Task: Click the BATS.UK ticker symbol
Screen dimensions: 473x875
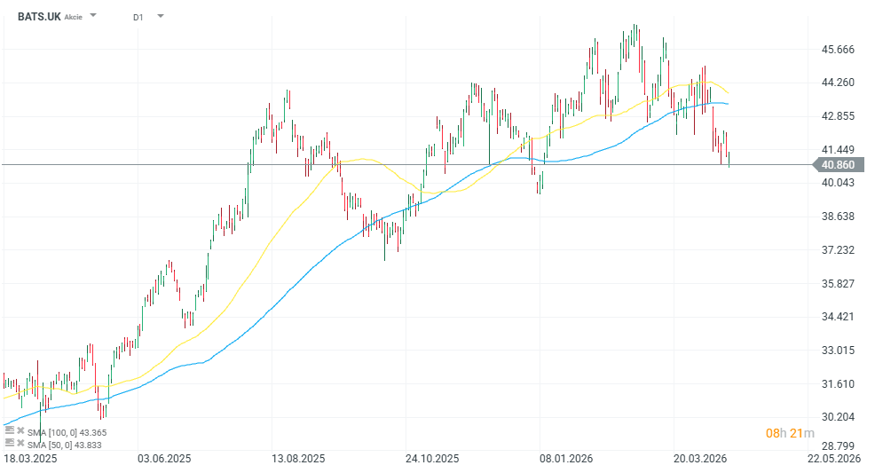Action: pos(39,16)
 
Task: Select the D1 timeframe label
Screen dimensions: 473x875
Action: pos(138,17)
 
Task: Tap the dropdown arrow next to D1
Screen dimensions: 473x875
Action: pos(160,16)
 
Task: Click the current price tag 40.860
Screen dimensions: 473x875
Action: pos(838,164)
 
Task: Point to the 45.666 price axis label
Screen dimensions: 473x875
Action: pos(839,50)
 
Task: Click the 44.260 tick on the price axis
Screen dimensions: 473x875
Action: pos(839,83)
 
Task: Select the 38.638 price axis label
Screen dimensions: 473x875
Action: pos(839,217)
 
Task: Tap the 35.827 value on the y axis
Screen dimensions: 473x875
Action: pos(839,283)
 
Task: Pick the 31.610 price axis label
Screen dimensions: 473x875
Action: pos(839,383)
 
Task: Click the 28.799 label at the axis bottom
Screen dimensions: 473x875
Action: pos(839,446)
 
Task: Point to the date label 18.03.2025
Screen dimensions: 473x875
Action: pos(29,459)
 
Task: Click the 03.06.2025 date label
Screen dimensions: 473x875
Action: pos(163,459)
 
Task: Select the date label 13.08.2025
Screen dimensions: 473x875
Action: pos(298,459)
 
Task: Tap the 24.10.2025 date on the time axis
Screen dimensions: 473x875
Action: pos(432,459)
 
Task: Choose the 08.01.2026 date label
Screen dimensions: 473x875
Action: pos(566,459)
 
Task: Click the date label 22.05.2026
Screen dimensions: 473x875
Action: pos(834,459)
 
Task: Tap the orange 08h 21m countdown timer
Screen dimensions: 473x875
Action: pos(791,433)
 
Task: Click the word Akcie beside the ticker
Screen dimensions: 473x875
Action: pos(75,17)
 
